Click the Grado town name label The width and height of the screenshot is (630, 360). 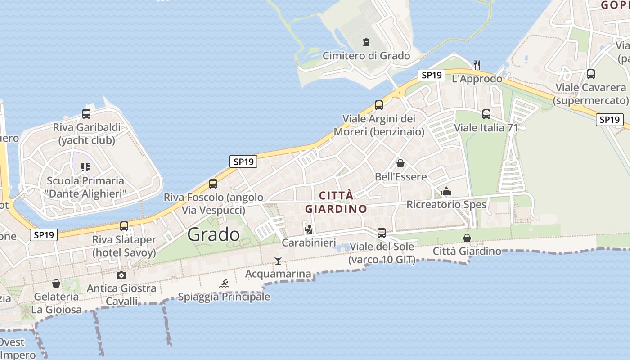(x=214, y=234)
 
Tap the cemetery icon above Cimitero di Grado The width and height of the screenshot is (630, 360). (x=366, y=42)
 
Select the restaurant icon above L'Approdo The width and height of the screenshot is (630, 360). (x=477, y=65)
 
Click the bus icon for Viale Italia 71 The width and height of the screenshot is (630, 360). (x=486, y=114)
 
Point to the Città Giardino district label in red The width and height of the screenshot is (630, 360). (x=336, y=202)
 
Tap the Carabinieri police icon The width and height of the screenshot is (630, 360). (x=309, y=229)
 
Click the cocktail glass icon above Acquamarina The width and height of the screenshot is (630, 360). (x=278, y=260)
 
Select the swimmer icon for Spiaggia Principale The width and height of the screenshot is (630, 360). (x=224, y=283)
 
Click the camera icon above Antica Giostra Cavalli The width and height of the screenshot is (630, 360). (x=121, y=275)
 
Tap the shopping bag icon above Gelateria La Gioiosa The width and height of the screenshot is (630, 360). (x=56, y=283)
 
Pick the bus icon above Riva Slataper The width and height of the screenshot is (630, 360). (x=124, y=226)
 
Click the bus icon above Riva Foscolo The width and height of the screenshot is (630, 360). (x=213, y=184)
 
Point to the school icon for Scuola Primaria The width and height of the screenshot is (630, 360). (x=85, y=167)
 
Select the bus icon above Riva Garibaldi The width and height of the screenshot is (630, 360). (x=86, y=114)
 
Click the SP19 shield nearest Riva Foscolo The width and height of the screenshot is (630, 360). (x=243, y=162)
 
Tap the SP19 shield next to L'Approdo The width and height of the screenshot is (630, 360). (x=432, y=75)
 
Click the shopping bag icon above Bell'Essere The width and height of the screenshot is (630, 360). (x=400, y=163)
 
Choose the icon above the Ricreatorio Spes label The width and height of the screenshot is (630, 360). (x=446, y=192)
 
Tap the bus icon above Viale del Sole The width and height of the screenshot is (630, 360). (x=382, y=233)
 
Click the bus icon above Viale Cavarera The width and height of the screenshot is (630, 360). (x=591, y=74)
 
